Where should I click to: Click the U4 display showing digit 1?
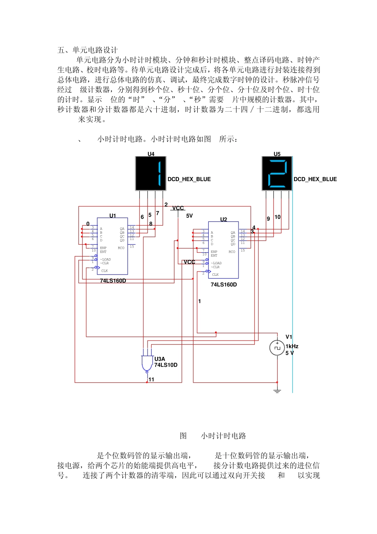pyautogui.click(x=151, y=174)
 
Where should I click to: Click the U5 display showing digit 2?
pyautogui.click(x=277, y=174)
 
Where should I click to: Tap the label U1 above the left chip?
pyautogui.click(x=113, y=216)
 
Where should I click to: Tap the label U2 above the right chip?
pyautogui.click(x=223, y=219)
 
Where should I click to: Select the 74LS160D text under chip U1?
pyautogui.click(x=113, y=281)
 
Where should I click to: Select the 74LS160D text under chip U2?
pyautogui.click(x=223, y=284)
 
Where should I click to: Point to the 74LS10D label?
pyautogui.click(x=165, y=365)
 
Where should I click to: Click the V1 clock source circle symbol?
pyautogui.click(x=277, y=348)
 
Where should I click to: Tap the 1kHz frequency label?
pyautogui.click(x=292, y=346)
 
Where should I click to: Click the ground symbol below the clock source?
pyautogui.click(x=277, y=391)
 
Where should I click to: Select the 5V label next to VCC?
pyautogui.click(x=189, y=216)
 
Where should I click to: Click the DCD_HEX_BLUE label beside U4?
pyautogui.click(x=189, y=179)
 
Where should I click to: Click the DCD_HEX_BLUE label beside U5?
pyautogui.click(x=315, y=179)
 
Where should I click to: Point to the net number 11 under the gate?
pyautogui.click(x=151, y=379)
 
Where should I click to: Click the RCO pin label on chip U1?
pyautogui.click(x=121, y=248)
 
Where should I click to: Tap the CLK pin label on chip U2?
pyautogui.click(x=215, y=275)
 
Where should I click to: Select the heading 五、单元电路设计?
pyautogui.click(x=87, y=50)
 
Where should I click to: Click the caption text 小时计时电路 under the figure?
pyautogui.click(x=223, y=436)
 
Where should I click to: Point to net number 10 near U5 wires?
pyautogui.click(x=277, y=217)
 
